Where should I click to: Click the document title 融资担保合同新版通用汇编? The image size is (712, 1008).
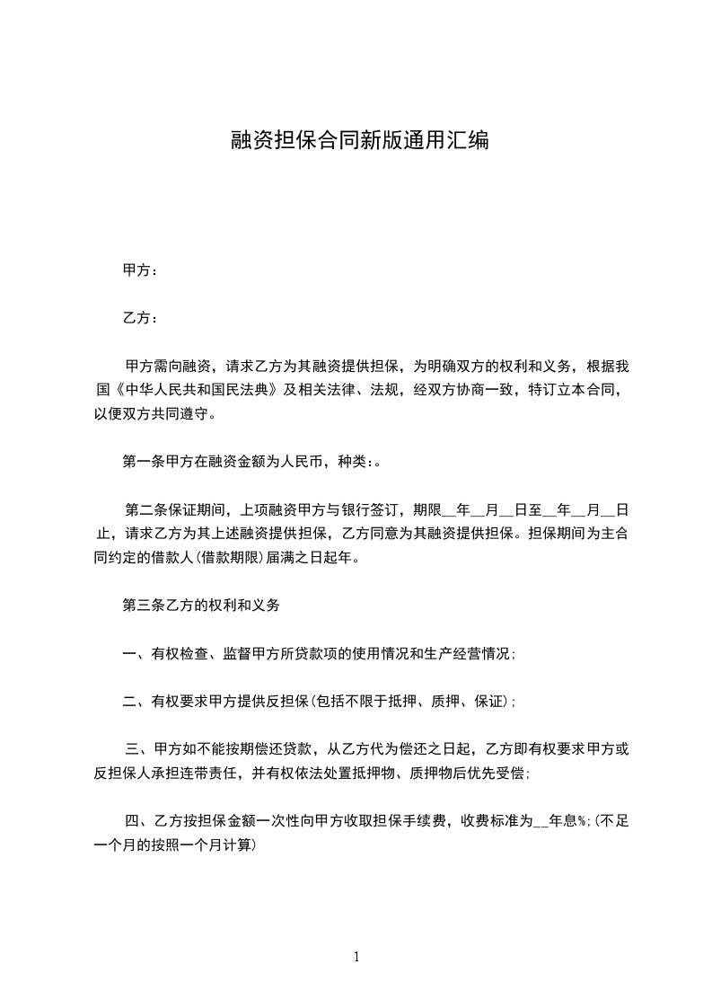click(359, 140)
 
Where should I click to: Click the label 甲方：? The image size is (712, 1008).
click(140, 270)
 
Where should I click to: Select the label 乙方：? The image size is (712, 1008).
click(140, 318)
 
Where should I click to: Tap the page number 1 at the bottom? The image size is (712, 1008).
click(356, 957)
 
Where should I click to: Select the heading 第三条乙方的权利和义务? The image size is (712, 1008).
click(201, 606)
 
